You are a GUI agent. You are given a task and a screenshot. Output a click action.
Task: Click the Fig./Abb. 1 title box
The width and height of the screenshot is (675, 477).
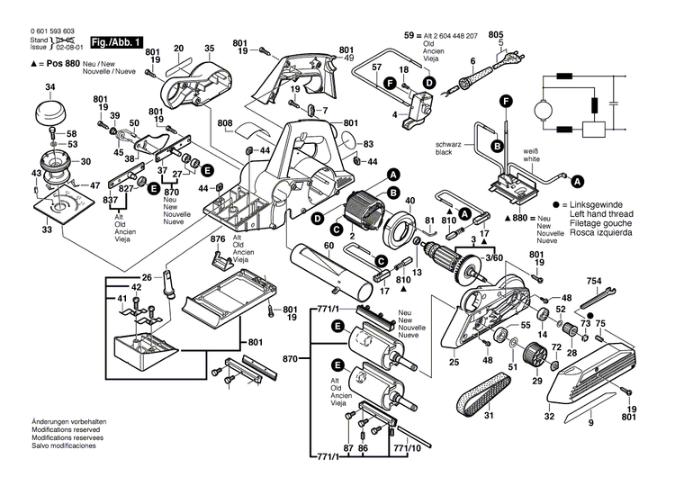point(117,42)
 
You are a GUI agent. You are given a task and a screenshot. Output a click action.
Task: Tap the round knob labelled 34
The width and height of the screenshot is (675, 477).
point(50,114)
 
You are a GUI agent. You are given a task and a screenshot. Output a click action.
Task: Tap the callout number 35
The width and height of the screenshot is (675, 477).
point(210,48)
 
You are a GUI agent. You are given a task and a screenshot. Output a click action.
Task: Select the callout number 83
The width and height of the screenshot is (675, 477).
point(368,144)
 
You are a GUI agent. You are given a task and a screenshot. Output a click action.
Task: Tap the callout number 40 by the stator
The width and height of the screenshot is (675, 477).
point(409,200)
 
